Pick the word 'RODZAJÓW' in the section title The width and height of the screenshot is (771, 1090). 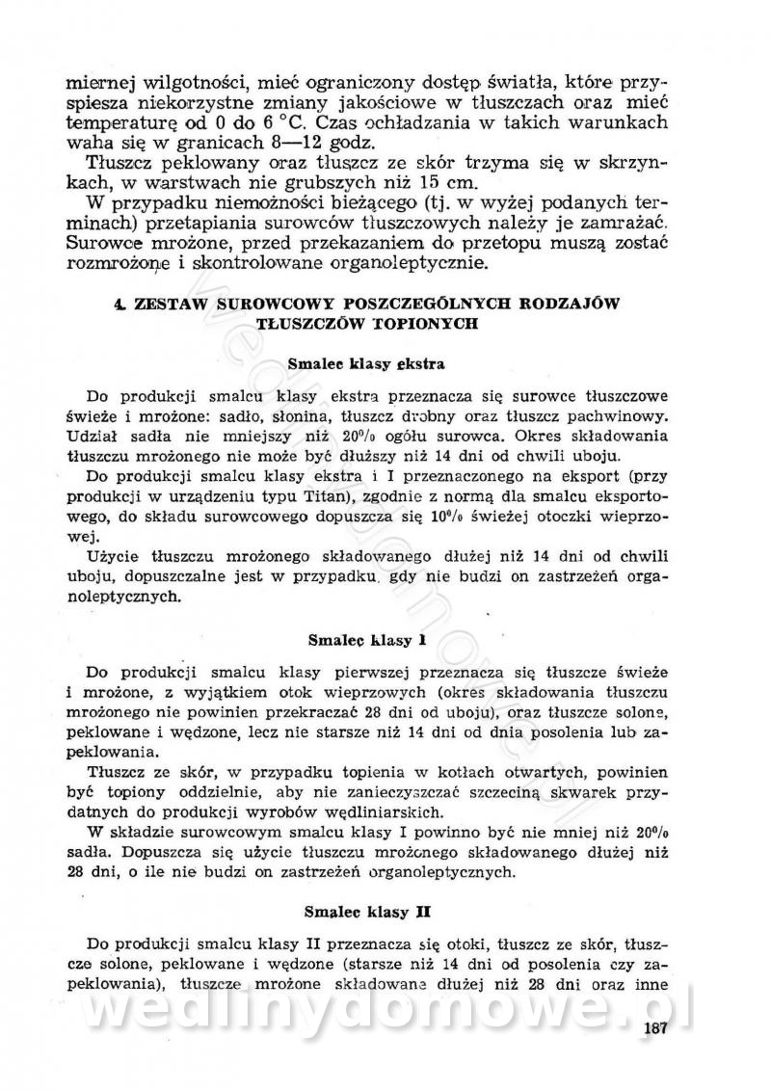(x=563, y=303)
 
